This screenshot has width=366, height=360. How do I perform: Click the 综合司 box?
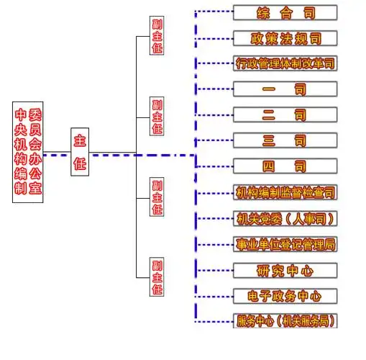pos(285,12)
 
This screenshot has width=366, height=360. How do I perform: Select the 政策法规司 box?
pos(285,38)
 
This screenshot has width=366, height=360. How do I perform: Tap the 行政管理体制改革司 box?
pos(285,63)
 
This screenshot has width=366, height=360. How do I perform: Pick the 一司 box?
pos(285,89)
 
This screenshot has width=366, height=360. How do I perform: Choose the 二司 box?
pos(285,115)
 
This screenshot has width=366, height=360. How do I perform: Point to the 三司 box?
pos(285,140)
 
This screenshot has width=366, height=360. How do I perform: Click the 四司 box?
pos(285,166)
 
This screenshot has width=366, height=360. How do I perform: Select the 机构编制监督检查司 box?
pos(285,192)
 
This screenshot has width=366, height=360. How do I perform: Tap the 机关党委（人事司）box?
pos(285,217)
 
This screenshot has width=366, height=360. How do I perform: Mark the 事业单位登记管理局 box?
pos(285,244)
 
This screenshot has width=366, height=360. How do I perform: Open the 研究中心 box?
pos(285,270)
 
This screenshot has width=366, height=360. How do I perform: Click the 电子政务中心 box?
pos(285,295)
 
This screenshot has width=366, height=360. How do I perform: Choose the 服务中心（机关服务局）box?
pos(285,320)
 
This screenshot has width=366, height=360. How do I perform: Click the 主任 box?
pos(80,153)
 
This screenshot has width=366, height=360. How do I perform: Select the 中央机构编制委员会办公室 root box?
pos(28,153)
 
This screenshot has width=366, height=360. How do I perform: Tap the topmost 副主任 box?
pos(157,36)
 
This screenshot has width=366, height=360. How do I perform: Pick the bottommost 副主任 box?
pos(157,277)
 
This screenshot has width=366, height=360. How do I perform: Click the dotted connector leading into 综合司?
pos(214,12)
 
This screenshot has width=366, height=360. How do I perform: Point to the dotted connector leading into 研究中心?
pos(214,270)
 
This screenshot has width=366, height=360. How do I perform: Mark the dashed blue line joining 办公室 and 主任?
pos(56,154)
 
